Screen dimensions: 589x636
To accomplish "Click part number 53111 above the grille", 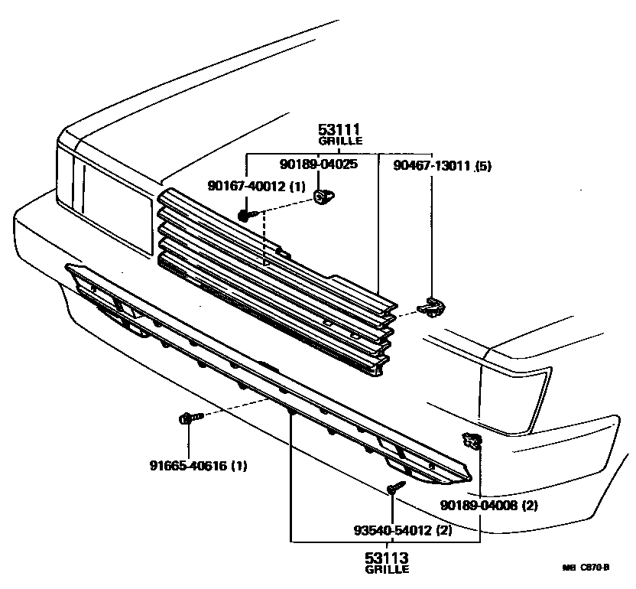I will pos(339,130).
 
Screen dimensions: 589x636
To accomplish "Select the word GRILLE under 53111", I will pos(339,142).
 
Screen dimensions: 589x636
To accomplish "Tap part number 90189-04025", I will pos(319,164).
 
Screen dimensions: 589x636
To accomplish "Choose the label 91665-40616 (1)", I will pos(198,465).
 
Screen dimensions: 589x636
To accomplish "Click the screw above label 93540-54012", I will pos(394,487).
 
